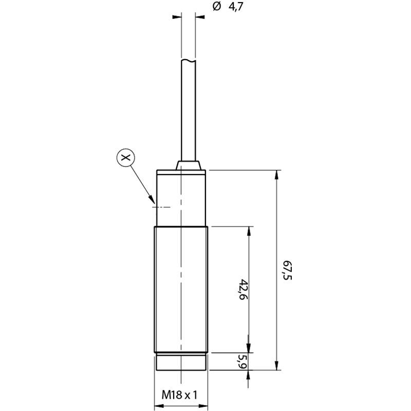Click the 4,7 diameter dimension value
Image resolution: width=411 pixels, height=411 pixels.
click(x=236, y=7)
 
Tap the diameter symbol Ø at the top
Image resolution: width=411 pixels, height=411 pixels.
click(x=217, y=6)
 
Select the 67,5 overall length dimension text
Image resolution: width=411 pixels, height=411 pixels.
click(x=287, y=270)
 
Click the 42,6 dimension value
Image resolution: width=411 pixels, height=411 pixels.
click(x=244, y=289)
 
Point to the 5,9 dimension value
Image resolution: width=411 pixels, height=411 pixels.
click(x=242, y=362)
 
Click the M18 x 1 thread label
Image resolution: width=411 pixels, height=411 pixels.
click(x=179, y=395)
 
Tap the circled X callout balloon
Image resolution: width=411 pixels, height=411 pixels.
click(x=125, y=158)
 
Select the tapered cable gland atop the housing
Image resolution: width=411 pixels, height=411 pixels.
click(x=188, y=165)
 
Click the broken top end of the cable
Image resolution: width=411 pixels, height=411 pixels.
click(x=189, y=61)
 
